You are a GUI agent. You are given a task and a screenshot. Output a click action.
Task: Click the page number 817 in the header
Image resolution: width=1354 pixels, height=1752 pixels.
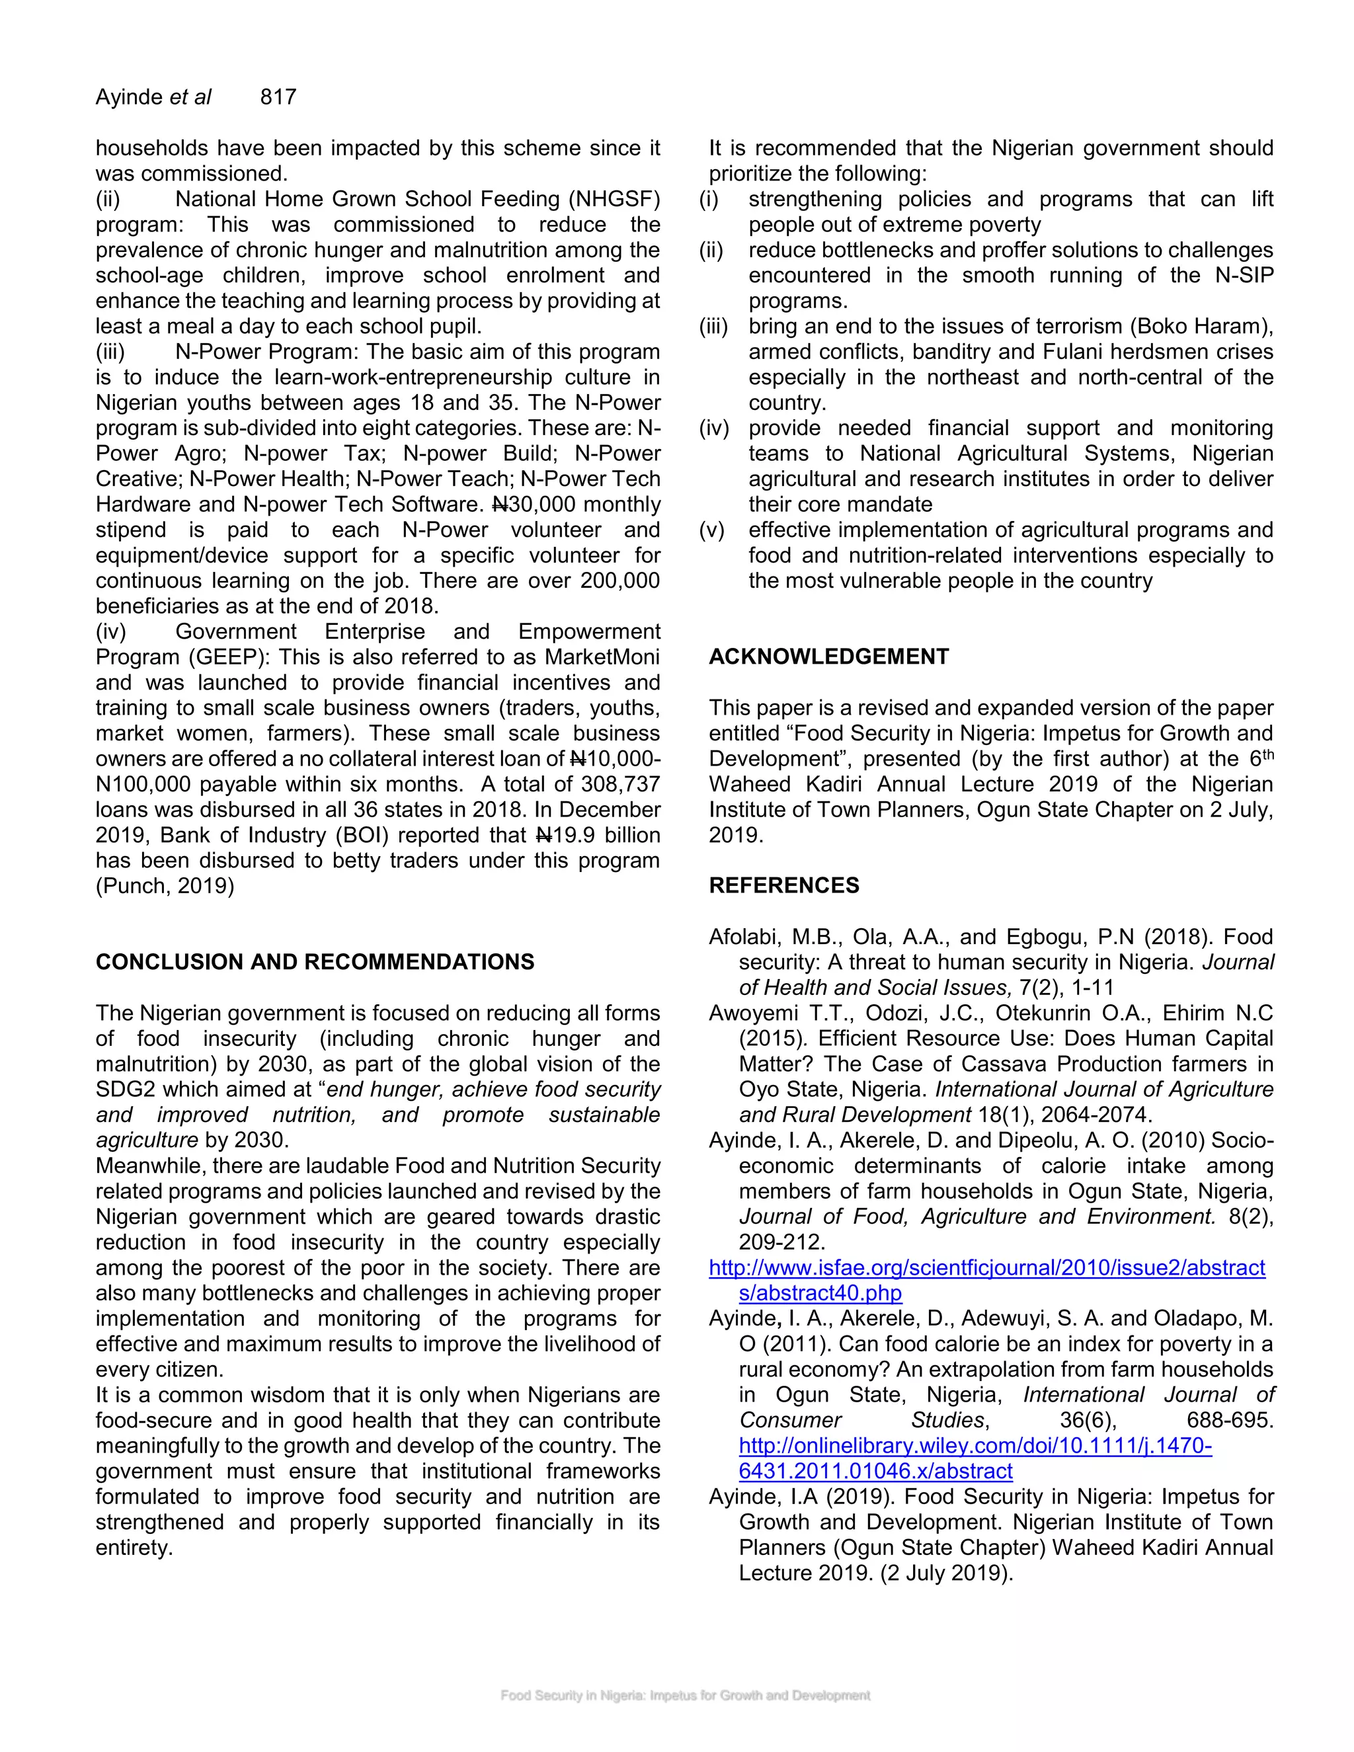(x=278, y=97)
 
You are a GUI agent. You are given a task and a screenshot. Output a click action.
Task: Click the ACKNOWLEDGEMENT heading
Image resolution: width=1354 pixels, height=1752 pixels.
(x=828, y=657)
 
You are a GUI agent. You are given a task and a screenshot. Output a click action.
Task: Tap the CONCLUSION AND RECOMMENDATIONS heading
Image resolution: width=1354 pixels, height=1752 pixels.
(x=315, y=962)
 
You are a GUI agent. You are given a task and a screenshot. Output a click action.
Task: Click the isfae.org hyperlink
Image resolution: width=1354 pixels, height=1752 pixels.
(x=986, y=1267)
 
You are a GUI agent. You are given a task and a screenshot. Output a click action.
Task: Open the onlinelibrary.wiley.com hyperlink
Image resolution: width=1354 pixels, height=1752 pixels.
(x=975, y=1445)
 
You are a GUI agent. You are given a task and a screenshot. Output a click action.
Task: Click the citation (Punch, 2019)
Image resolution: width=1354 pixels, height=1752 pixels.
(x=165, y=886)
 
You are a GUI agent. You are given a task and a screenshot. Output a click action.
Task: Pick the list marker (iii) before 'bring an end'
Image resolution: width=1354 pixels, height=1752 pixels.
(x=713, y=327)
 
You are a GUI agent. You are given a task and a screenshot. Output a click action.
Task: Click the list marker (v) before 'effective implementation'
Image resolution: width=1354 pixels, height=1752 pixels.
(x=711, y=530)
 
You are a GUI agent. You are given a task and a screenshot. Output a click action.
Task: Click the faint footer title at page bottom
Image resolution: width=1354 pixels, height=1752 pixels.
(x=685, y=1695)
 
